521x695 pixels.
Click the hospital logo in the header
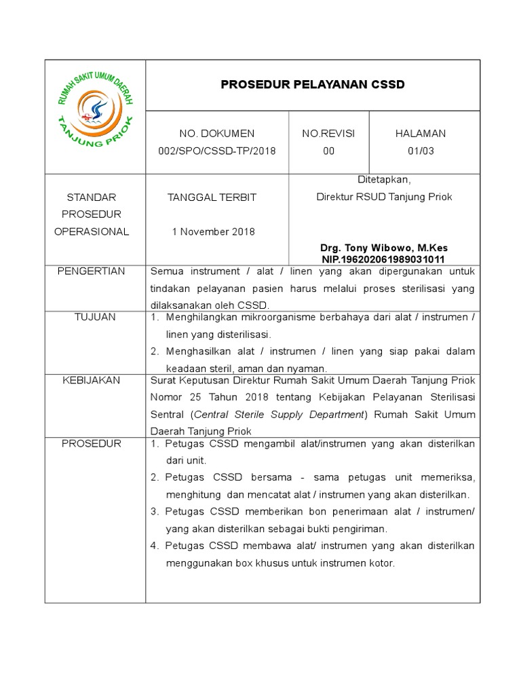95,116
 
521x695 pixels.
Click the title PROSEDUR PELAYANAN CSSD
313,85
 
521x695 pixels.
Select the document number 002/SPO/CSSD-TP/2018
217,151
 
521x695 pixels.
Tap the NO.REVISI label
328,134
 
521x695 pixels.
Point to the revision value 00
328,151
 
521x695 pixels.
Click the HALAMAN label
421,134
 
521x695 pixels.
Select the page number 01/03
421,151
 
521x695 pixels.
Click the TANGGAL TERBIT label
212,198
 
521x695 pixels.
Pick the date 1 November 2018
214,231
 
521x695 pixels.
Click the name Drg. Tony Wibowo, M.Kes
383,248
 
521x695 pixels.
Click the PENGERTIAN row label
95,271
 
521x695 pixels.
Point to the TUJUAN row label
95,317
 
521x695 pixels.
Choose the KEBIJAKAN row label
95,380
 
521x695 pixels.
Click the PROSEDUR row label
95,444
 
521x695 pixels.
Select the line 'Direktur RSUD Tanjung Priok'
384,197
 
